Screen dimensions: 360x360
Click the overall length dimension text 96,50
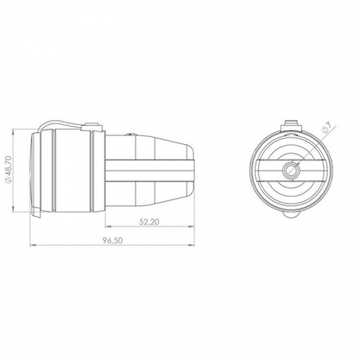pos(113,240)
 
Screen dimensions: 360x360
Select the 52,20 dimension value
pos(149,222)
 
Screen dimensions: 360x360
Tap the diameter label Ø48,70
pos(9,170)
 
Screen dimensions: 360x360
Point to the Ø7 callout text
pos(327,127)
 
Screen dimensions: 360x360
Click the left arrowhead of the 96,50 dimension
pos(33,246)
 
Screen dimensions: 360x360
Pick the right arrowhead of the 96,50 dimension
pos(191,245)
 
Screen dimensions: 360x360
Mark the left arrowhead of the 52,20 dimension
pos(109,226)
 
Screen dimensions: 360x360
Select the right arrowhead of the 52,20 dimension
pos(191,226)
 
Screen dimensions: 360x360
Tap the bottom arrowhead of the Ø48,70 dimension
pos(14,208)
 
